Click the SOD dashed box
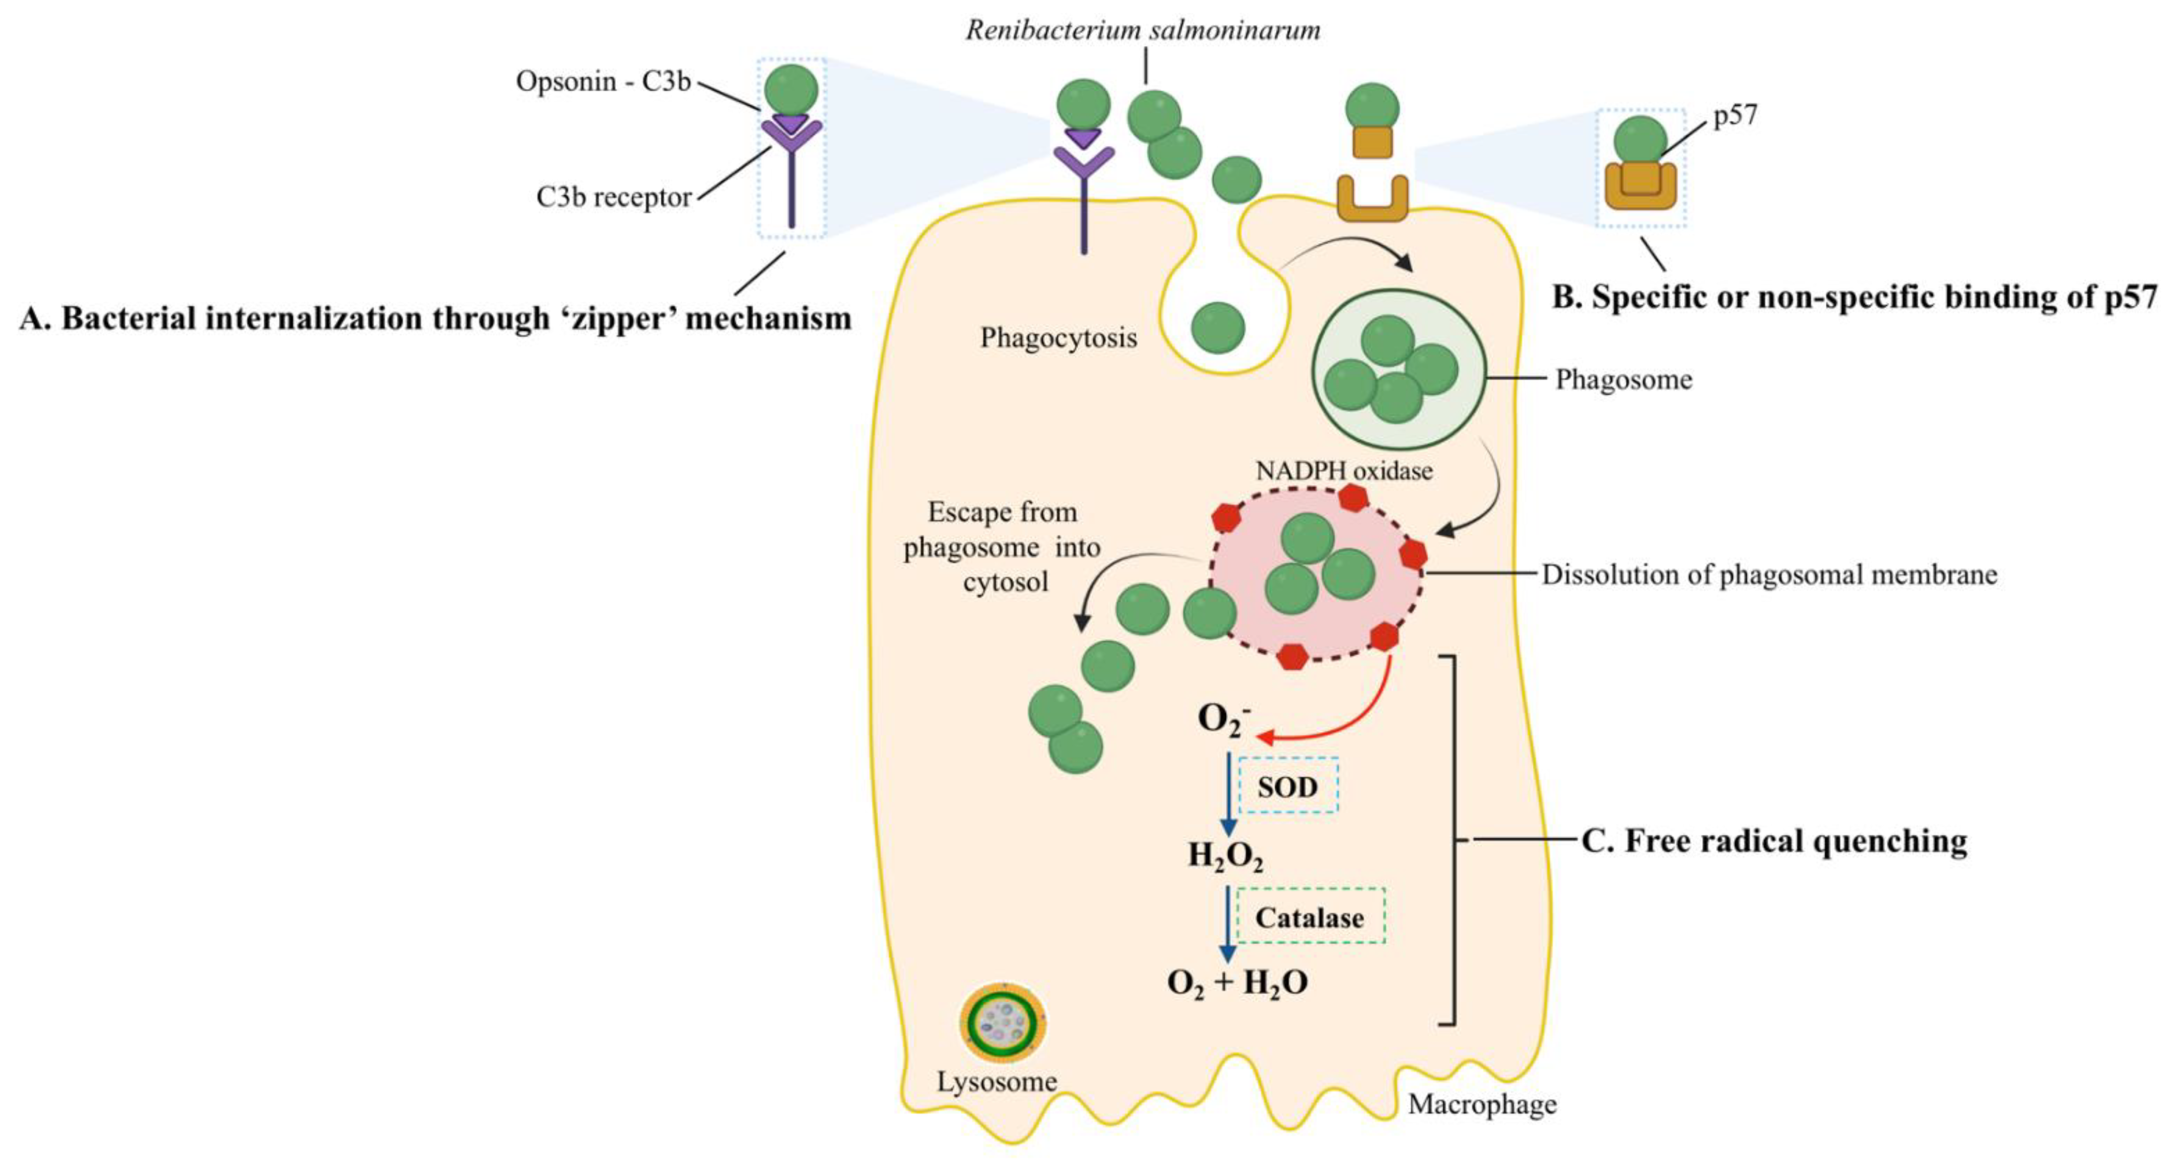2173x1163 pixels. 1287,786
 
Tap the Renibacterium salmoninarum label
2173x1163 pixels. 1142,30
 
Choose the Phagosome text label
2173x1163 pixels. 1623,380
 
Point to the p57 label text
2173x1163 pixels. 1735,115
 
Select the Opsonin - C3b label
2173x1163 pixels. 603,82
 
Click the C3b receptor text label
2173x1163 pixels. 613,197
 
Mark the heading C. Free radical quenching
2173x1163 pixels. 1774,841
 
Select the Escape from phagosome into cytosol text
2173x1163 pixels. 1002,547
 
